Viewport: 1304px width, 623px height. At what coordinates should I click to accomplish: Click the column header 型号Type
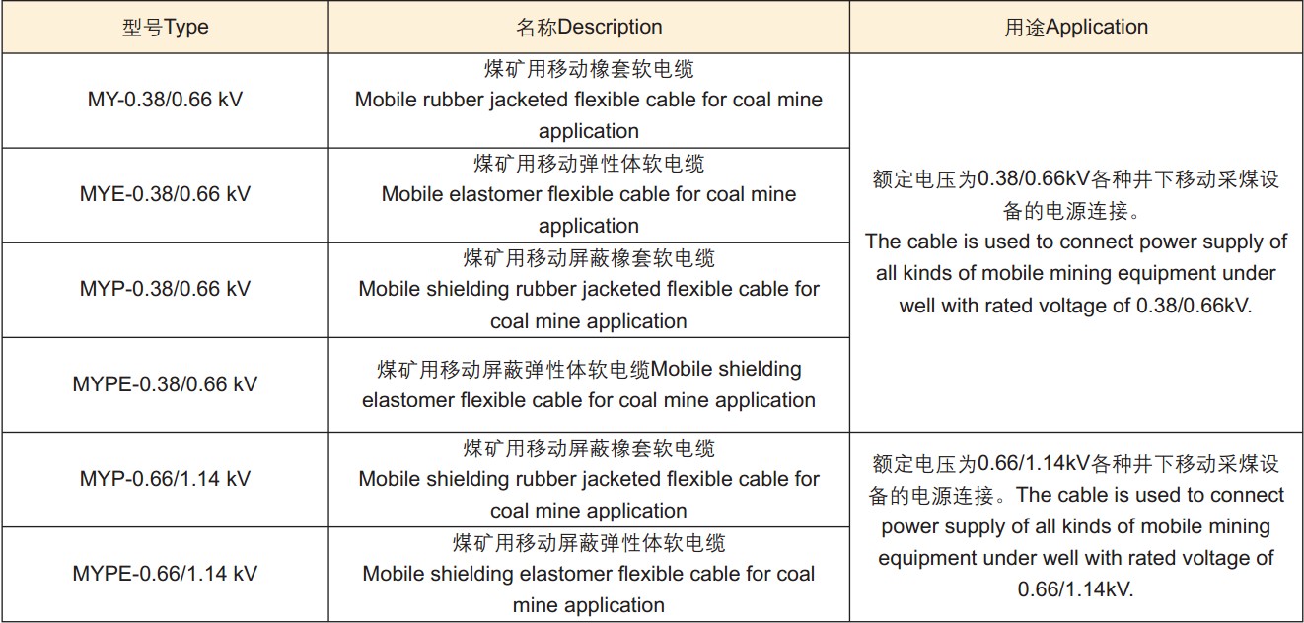click(166, 27)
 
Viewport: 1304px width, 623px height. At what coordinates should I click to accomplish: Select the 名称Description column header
click(589, 27)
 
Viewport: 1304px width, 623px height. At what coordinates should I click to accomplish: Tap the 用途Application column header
click(1076, 27)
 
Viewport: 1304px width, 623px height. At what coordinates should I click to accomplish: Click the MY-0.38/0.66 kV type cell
click(165, 100)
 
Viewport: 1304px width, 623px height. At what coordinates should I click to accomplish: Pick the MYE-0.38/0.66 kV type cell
click(165, 194)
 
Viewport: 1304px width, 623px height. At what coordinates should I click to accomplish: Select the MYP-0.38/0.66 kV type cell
click(165, 289)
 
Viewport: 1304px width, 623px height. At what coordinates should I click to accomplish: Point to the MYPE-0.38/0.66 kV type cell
click(165, 383)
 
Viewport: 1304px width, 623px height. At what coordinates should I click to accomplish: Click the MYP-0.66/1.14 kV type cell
click(165, 479)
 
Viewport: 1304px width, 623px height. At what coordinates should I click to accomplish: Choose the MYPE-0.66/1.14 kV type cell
click(165, 574)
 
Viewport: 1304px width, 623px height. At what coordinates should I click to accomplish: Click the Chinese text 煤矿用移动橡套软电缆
click(589, 69)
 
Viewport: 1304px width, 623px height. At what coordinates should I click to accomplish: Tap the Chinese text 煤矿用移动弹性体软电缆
click(589, 164)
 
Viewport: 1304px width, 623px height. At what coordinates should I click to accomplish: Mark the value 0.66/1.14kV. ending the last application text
click(1076, 589)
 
